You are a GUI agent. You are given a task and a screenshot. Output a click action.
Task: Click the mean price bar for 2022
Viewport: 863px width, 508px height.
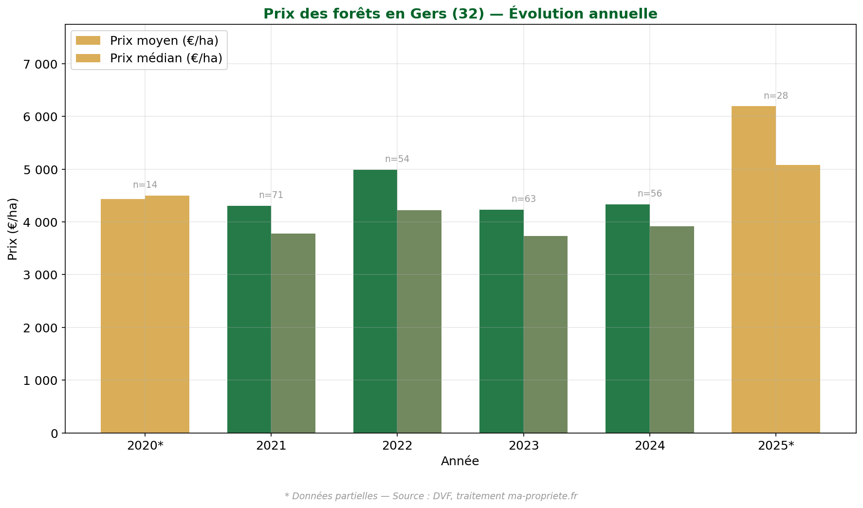pos(375,301)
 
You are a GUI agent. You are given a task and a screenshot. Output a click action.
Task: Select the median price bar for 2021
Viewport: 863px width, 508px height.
pos(293,333)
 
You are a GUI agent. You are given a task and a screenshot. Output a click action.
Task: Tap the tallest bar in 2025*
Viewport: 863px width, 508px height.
pos(753,270)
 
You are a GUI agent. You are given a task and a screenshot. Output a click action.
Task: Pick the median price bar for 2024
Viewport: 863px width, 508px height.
pos(672,329)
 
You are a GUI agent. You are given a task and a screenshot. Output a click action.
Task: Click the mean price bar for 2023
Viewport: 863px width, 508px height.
pos(501,321)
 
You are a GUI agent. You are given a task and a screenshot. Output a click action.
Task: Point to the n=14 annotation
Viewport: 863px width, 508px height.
pos(145,185)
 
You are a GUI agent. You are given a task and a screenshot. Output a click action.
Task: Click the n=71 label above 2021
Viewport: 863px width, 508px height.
pos(271,195)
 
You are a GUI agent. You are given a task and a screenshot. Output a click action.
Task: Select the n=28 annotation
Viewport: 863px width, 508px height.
pos(776,96)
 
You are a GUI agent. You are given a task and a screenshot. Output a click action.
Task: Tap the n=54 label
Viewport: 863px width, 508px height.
pos(397,159)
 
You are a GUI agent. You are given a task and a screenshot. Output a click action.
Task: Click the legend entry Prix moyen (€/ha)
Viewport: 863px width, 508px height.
pos(164,41)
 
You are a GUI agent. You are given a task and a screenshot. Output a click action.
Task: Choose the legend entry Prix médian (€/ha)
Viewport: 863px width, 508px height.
pos(165,58)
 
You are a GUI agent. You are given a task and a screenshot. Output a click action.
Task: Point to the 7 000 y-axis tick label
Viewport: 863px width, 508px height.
pos(40,64)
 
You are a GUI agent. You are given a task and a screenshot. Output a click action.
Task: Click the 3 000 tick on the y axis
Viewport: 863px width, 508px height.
pos(40,275)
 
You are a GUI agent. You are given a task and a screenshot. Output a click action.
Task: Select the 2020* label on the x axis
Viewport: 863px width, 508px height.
pos(145,446)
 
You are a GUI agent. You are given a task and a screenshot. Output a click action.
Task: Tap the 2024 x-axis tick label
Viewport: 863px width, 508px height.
pos(650,446)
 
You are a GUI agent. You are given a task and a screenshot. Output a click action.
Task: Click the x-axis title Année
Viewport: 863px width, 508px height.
pos(460,461)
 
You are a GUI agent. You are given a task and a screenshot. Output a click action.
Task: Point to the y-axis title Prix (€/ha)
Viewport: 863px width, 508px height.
pos(13,229)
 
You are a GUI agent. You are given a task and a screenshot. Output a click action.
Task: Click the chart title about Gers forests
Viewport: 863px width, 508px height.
pos(460,14)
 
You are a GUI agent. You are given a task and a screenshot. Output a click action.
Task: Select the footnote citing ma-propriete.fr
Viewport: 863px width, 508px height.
pos(431,496)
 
